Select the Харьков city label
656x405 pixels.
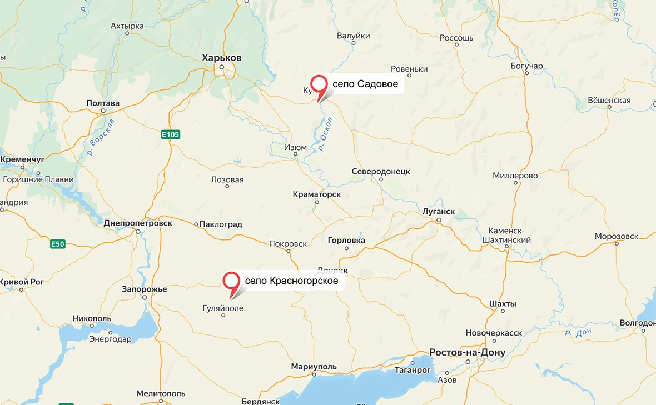click(x=222, y=58)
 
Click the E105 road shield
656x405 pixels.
click(x=171, y=134)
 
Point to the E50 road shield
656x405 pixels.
click(x=58, y=244)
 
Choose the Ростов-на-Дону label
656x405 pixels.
click(x=459, y=353)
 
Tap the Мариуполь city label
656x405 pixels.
click(x=314, y=367)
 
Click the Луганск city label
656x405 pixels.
click(x=438, y=212)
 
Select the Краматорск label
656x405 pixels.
click(x=316, y=194)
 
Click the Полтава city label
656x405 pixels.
click(x=103, y=103)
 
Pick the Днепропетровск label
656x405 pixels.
click(x=138, y=223)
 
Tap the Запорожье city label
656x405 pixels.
click(x=145, y=289)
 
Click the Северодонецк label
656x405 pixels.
click(x=381, y=172)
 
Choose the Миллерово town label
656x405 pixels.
click(x=515, y=176)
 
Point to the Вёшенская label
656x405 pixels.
click(x=609, y=101)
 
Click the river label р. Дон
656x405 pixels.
click(x=578, y=333)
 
